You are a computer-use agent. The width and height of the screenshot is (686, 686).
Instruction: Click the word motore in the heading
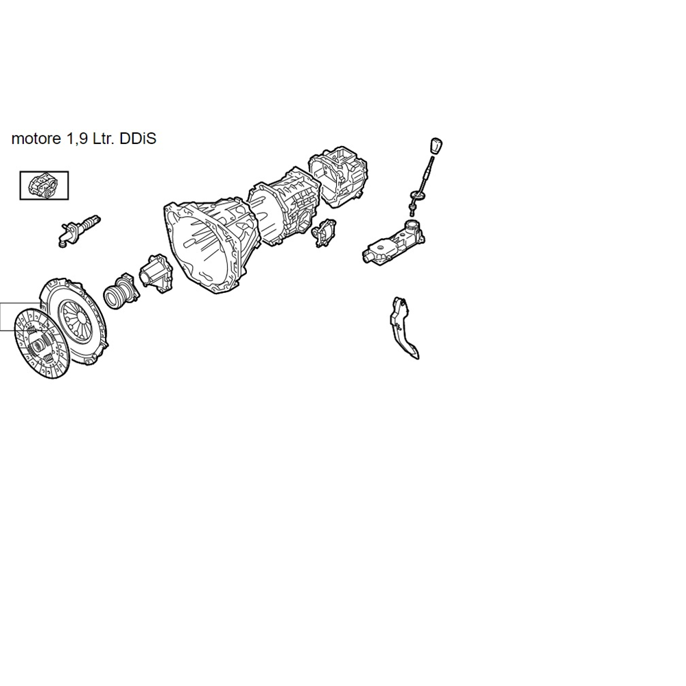(36, 139)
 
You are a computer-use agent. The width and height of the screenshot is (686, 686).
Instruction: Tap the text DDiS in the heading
(138, 139)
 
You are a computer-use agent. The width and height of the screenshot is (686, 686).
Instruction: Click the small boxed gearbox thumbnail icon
(44, 185)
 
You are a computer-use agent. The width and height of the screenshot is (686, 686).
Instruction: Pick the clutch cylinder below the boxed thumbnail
(79, 231)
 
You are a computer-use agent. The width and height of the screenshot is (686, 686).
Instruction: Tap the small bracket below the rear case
(324, 233)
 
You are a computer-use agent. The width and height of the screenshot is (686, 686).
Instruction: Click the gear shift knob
(436, 146)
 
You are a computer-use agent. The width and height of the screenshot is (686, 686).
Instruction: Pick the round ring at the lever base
(417, 196)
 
